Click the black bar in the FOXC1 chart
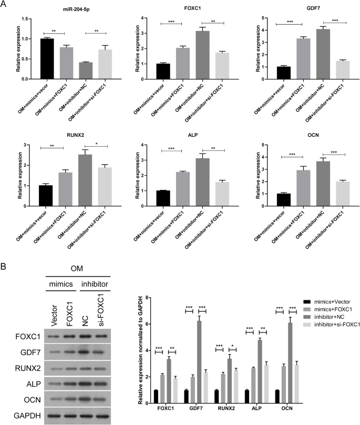point(170,71)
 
